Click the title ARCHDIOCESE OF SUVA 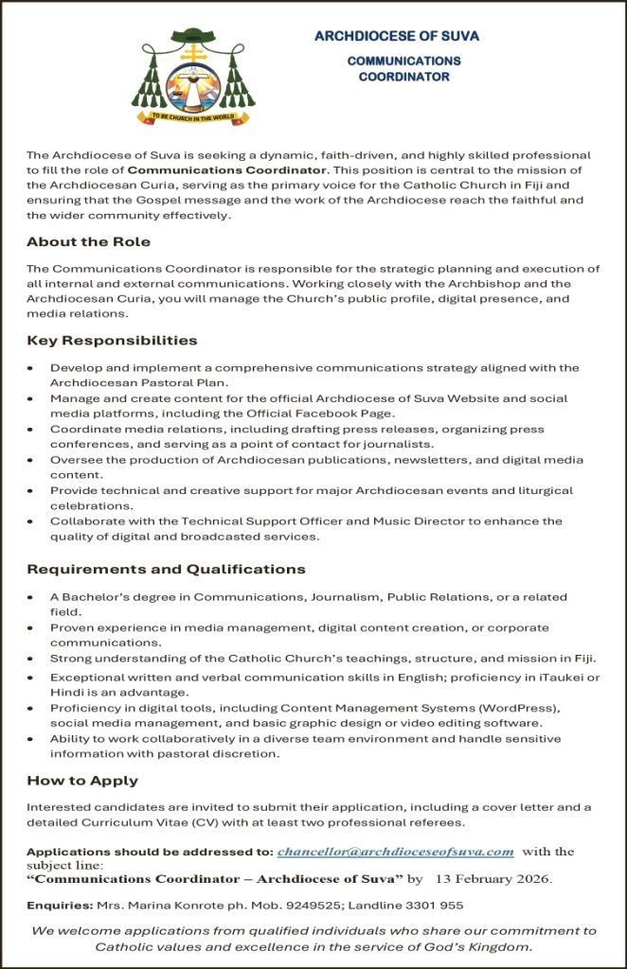pyautogui.click(x=397, y=36)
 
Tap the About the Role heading pyautogui.click(x=88, y=241)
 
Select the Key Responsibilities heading pyautogui.click(x=112, y=340)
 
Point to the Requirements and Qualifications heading pyautogui.click(x=166, y=569)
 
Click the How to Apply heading pyautogui.click(x=82, y=781)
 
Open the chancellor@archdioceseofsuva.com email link pyautogui.click(x=396, y=852)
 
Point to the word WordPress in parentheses pyautogui.click(x=524, y=708)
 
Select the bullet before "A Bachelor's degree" pyautogui.click(x=31, y=597)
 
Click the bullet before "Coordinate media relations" pyautogui.click(x=31, y=429)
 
